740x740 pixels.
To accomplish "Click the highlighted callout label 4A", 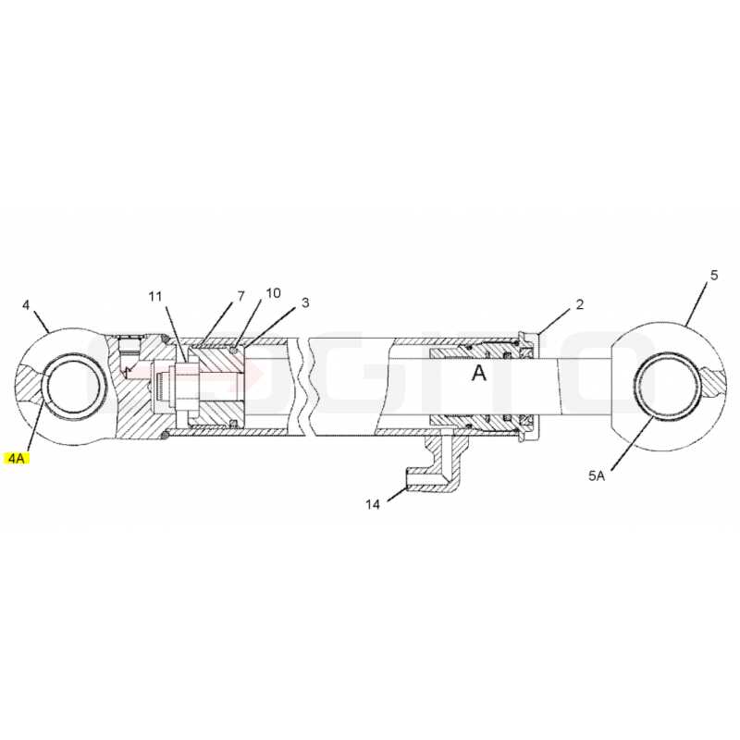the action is (x=17, y=458).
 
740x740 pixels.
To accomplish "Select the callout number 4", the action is (x=26, y=305).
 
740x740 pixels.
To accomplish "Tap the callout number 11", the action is (x=155, y=296).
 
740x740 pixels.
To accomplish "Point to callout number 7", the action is (x=240, y=296).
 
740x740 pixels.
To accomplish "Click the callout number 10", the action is (x=273, y=293).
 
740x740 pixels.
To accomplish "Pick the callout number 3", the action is (x=305, y=302).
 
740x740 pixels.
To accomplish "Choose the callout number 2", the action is (x=580, y=304).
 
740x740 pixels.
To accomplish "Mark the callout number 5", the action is (x=714, y=275).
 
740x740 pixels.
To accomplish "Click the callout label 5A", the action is (x=597, y=475).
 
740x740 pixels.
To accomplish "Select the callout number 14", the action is (x=373, y=504).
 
